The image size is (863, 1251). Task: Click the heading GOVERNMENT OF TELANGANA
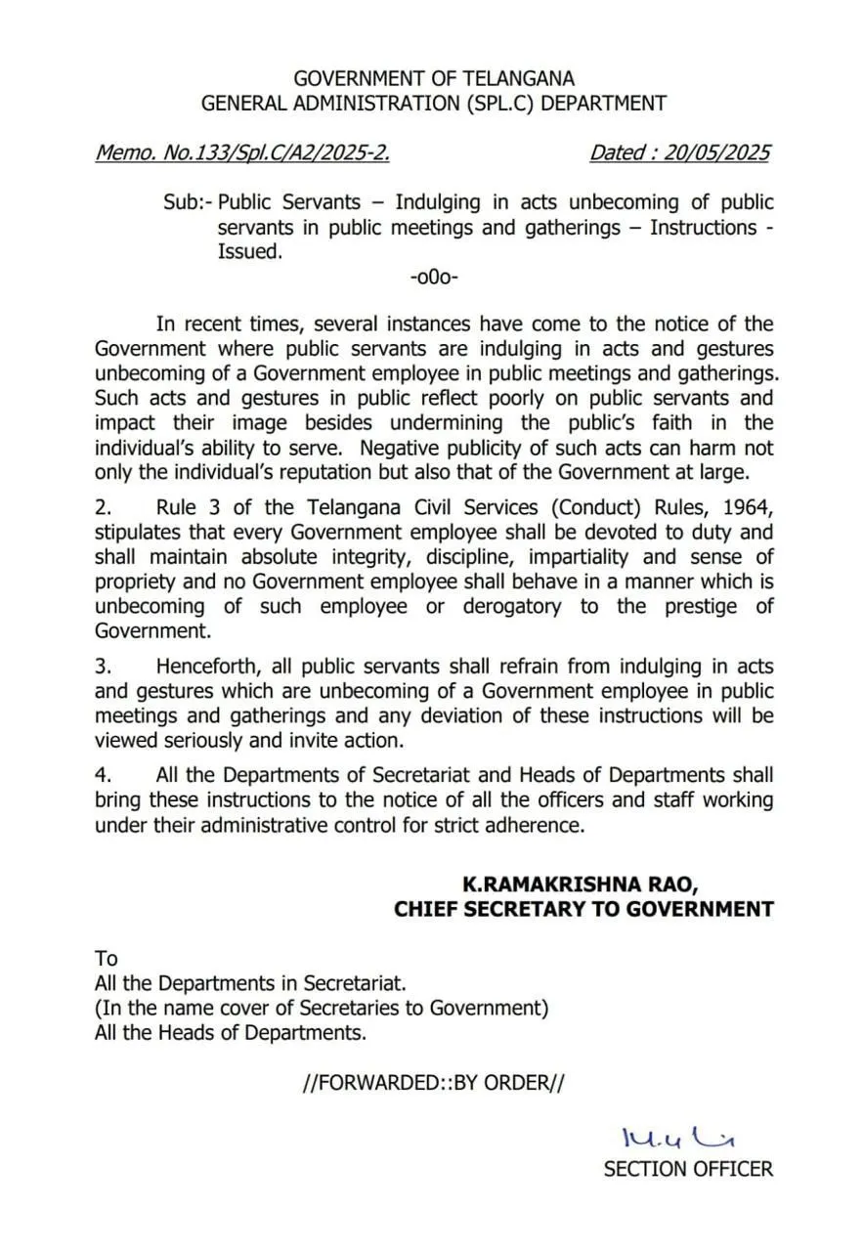pos(434,78)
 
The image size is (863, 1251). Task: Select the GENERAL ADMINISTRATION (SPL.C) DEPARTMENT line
pos(434,103)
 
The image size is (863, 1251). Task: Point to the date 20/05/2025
pos(717,152)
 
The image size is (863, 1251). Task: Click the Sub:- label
pos(188,202)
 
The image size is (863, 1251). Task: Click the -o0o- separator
pos(434,277)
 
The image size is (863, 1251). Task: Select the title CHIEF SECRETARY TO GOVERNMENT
pos(583,909)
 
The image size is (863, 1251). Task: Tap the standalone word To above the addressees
pos(106,958)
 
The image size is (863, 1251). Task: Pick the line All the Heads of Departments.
pos(231,1032)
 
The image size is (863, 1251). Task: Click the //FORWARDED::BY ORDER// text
pos(434,1083)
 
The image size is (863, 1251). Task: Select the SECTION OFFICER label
pos(688,1169)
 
